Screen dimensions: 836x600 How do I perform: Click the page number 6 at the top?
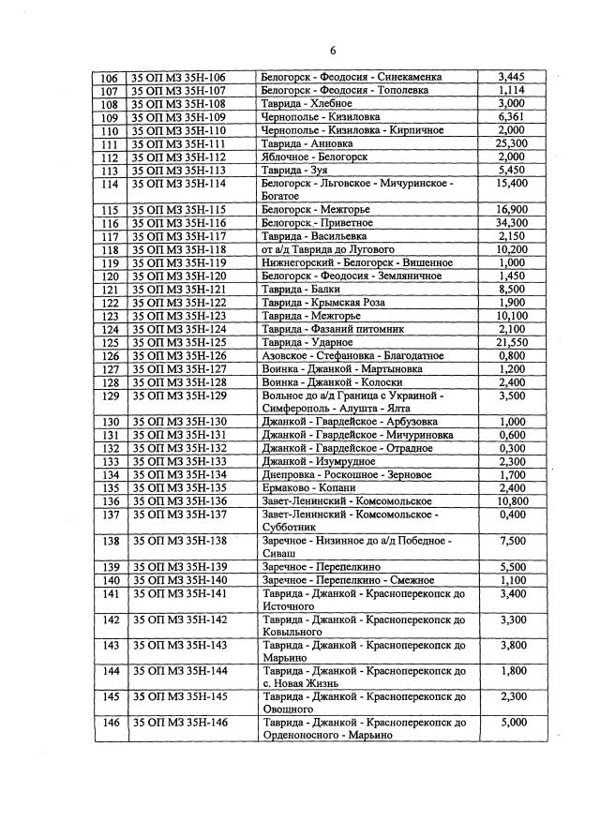click(x=332, y=50)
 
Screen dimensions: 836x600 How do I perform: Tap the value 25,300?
click(x=512, y=143)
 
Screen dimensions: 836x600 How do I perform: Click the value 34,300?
click(x=512, y=223)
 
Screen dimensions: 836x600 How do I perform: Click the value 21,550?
click(x=512, y=342)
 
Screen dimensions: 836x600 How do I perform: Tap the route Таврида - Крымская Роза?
click(x=325, y=303)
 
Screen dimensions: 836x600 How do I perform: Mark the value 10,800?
click(x=512, y=501)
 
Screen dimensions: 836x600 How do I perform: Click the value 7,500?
click(x=512, y=541)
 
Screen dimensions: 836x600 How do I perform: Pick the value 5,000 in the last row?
click(x=512, y=723)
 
